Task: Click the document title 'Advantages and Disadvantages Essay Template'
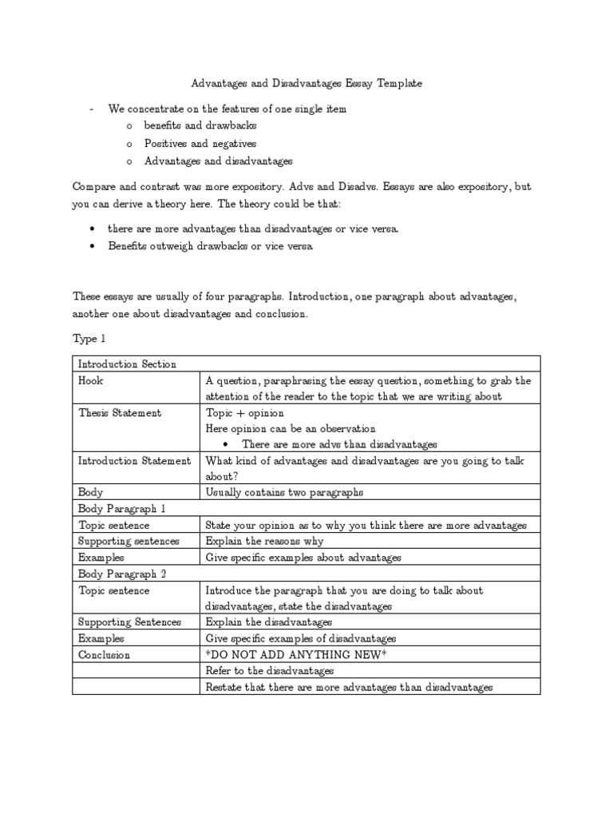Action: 306,83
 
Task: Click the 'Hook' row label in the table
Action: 91,381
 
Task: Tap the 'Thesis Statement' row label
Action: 120,413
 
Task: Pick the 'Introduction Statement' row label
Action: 134,461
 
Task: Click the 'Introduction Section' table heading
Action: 127,364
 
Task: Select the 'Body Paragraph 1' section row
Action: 121,509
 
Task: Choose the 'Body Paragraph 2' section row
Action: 121,574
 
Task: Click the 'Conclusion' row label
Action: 104,655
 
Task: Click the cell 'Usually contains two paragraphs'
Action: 284,493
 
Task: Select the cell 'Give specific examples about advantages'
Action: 303,558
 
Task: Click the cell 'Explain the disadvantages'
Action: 269,622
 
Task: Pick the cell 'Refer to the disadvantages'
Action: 270,671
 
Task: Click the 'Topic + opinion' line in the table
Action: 243,413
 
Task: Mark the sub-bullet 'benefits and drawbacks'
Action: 200,126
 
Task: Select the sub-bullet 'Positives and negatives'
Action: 200,144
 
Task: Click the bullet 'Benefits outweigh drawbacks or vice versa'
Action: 212,246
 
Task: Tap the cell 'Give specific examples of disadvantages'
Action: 301,638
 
